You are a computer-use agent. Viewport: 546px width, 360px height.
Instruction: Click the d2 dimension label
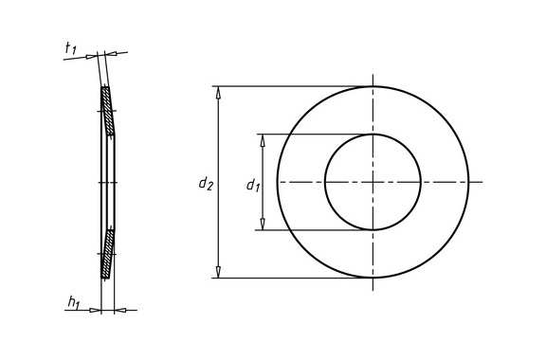tap(206, 184)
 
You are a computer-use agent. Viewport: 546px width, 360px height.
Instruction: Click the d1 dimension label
tap(253, 186)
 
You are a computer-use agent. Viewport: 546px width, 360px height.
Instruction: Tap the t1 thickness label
tap(71, 48)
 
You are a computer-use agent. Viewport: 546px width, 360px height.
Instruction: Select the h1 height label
tap(74, 302)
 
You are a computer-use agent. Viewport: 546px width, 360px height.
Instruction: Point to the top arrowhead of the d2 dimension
tap(218, 92)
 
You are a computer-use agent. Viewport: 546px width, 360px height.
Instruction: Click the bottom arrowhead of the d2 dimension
tap(218, 272)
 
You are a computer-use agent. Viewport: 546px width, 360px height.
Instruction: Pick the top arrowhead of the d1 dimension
tap(263, 140)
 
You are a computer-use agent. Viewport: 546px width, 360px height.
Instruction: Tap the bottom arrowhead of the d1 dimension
tap(263, 225)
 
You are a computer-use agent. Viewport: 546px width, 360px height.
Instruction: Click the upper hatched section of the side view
tap(108, 111)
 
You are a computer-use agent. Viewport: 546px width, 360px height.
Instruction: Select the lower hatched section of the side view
tap(108, 254)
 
